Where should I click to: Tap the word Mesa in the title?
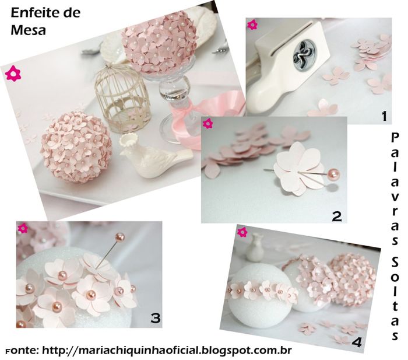(28, 30)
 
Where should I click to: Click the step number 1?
(384, 116)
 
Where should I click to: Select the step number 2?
(337, 216)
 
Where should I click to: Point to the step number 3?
(156, 319)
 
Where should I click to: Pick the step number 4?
(357, 342)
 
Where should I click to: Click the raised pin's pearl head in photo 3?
(119, 237)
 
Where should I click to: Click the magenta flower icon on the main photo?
(13, 74)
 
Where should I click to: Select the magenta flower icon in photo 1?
(252, 25)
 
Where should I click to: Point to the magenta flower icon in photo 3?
(23, 228)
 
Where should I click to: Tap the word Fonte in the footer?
(22, 350)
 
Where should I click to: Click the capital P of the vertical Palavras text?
(395, 137)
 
